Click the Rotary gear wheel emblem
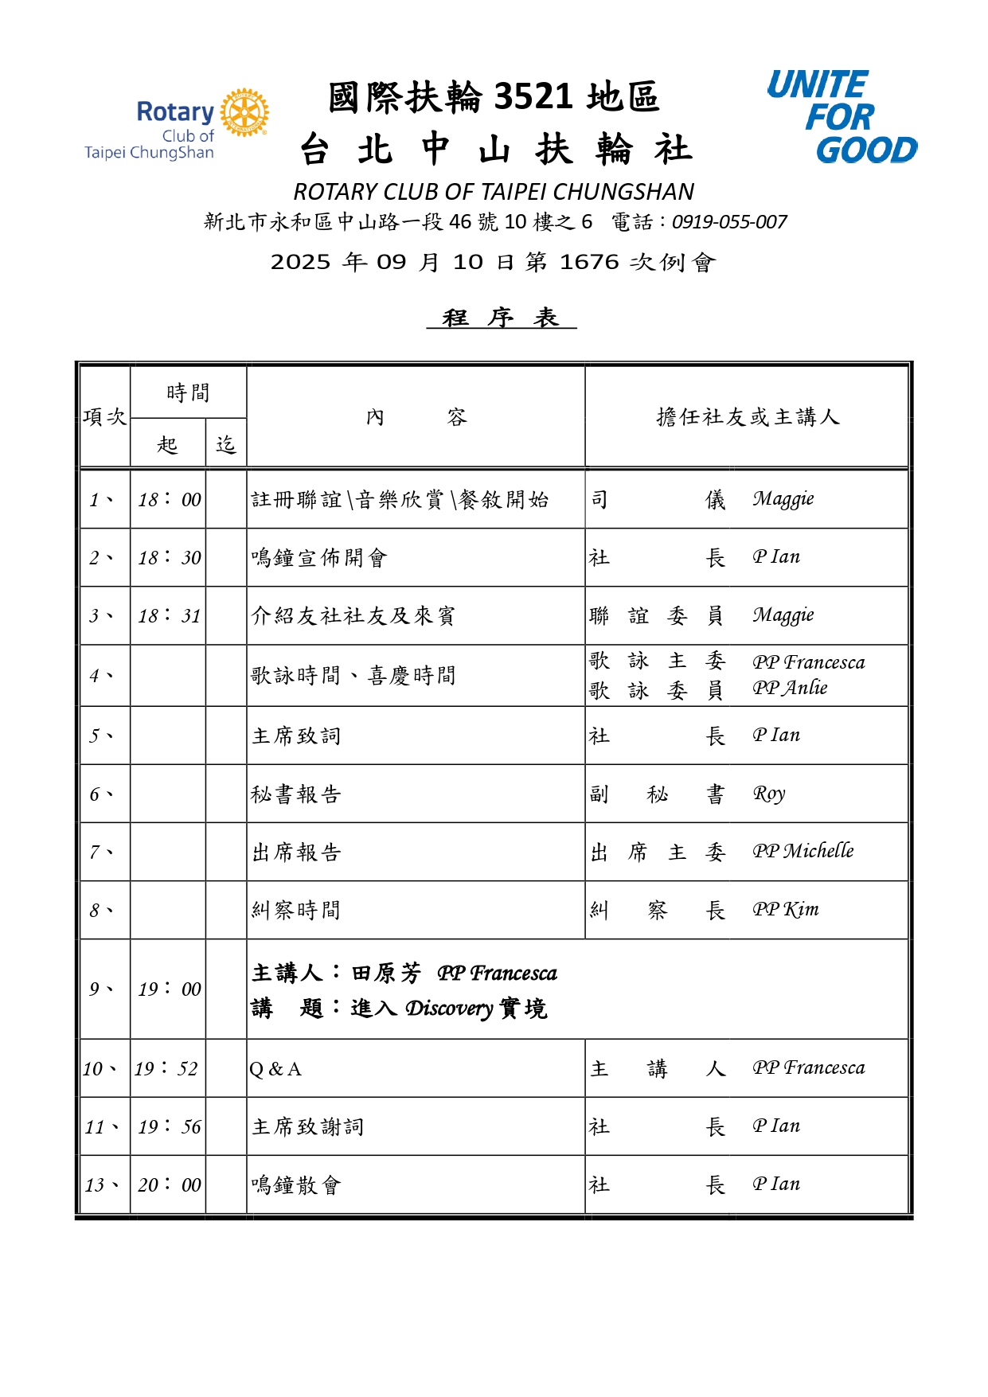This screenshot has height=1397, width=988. [244, 112]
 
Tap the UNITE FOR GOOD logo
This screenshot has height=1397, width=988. [842, 117]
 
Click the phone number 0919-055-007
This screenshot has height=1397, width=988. [729, 222]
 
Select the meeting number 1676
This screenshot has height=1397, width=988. [589, 262]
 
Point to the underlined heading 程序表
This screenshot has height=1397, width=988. [501, 318]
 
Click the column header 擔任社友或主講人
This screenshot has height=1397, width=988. [747, 416]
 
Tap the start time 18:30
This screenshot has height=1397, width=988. [169, 557]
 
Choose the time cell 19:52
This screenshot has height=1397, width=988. [166, 1068]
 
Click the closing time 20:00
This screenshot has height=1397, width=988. [169, 1184]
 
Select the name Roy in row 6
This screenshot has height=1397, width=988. [769, 794]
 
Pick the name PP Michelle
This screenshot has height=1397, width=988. [803, 851]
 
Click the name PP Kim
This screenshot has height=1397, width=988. [785, 909]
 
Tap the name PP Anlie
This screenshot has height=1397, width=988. [790, 688]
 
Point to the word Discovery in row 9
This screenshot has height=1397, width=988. [449, 1009]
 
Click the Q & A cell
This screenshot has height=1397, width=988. [275, 1069]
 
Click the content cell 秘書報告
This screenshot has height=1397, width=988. [296, 794]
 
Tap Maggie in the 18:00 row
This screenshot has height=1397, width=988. [783, 499]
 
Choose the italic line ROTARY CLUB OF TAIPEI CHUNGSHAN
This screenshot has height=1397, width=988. [494, 192]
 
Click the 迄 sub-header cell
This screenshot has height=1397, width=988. [226, 444]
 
